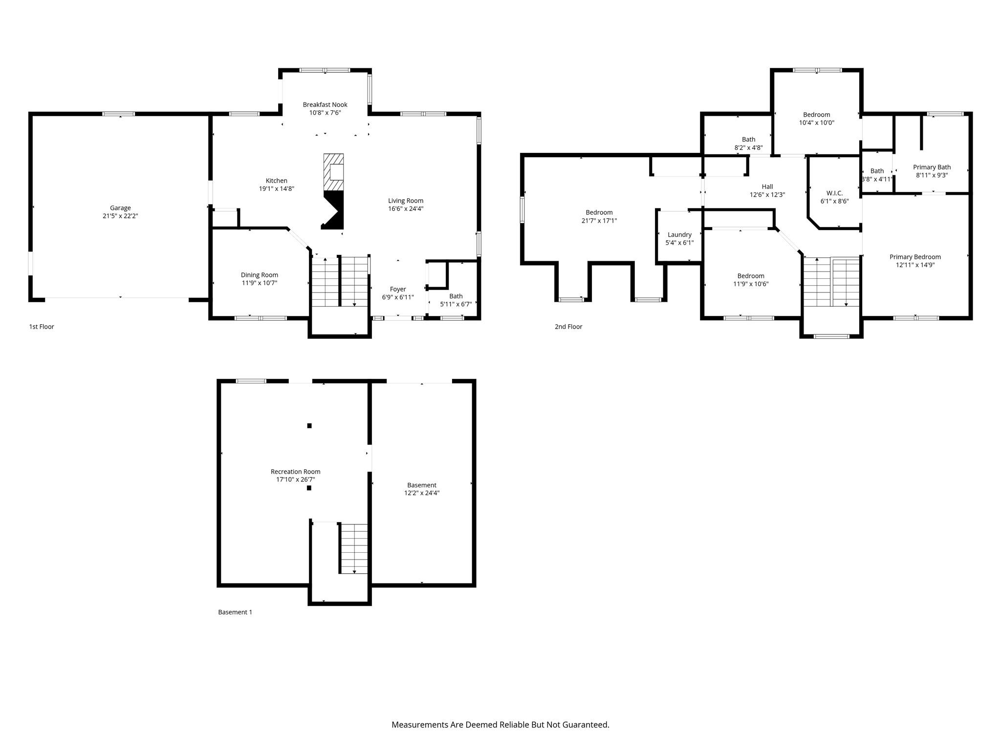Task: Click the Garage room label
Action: (x=120, y=208)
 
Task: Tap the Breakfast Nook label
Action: (x=325, y=104)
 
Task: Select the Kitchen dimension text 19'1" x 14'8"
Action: (x=277, y=188)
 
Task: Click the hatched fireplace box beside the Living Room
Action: (x=334, y=172)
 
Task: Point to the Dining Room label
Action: (x=260, y=275)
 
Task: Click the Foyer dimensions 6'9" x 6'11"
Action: (x=398, y=297)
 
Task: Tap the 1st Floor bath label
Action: (x=456, y=296)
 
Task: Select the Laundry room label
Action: (x=679, y=234)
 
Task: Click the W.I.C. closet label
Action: (x=834, y=193)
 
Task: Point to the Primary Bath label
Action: (x=932, y=167)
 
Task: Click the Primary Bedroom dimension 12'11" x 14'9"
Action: (x=915, y=265)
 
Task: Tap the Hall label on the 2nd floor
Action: (x=767, y=187)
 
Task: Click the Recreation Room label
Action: (x=296, y=471)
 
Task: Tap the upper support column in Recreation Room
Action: (x=309, y=426)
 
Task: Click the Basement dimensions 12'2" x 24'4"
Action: (x=422, y=493)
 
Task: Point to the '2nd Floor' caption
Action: (x=568, y=327)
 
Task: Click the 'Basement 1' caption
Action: (x=235, y=612)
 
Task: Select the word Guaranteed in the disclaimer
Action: (x=584, y=725)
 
